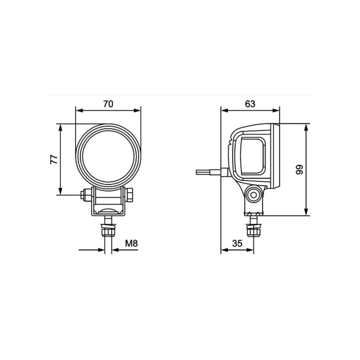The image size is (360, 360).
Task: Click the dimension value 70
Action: (108, 104)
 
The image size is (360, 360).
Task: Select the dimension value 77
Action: (54, 160)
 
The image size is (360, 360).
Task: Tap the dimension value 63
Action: (250, 104)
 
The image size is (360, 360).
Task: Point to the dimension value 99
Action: (299, 170)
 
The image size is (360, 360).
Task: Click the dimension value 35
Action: (237, 243)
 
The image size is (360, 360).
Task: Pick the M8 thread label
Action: (131, 243)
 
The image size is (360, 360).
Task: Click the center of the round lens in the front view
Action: (108, 157)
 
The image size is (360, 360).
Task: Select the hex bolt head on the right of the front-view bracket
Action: (130, 195)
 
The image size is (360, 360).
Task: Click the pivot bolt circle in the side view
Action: (253, 195)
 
